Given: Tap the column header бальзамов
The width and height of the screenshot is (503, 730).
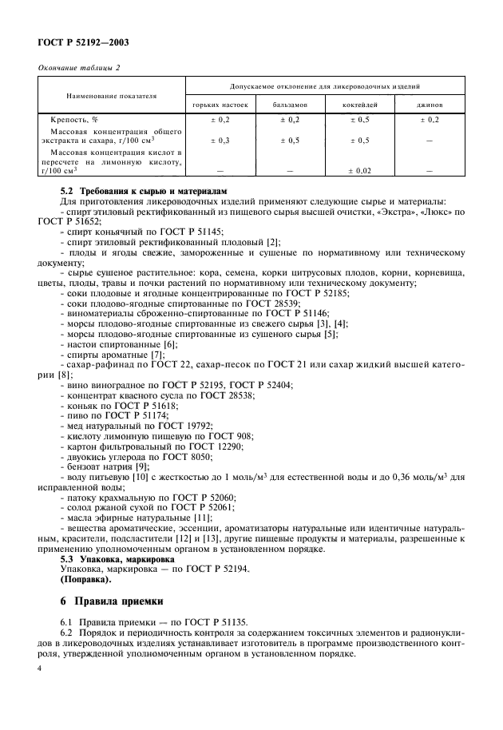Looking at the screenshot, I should tap(288, 105).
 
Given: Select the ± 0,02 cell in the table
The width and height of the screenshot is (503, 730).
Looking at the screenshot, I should tap(361, 170).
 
